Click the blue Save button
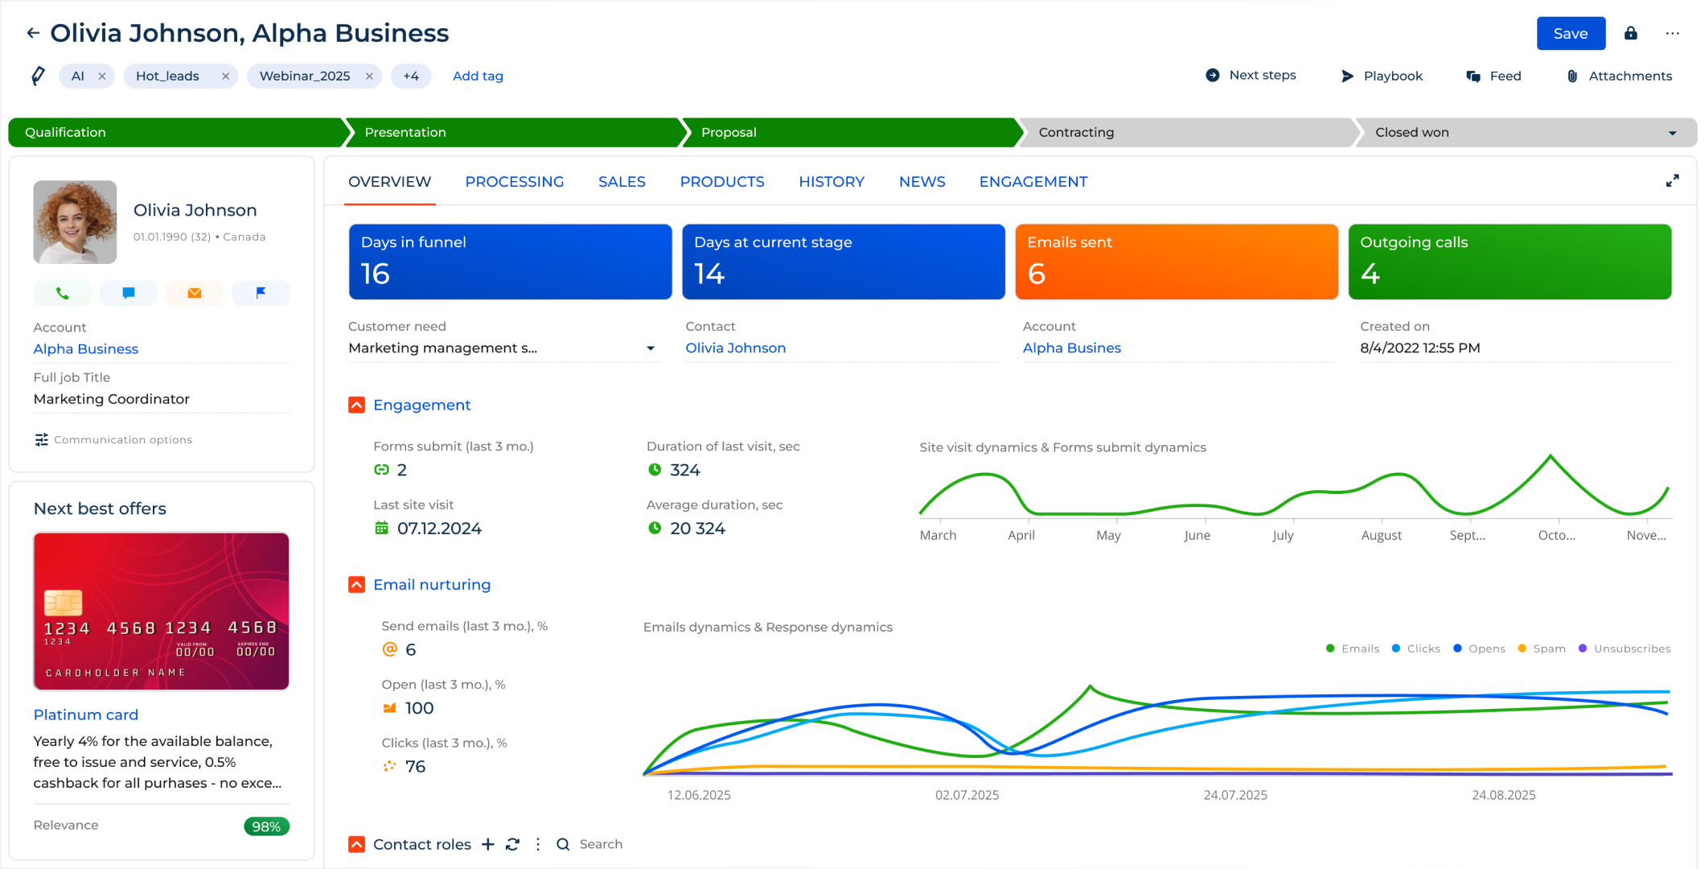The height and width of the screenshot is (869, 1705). [x=1570, y=34]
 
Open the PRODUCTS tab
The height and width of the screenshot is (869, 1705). [x=721, y=182]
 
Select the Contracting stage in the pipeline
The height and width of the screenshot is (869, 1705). [x=1075, y=133]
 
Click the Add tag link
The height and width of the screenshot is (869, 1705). [x=478, y=76]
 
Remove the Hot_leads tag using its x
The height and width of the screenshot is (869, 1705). [x=225, y=76]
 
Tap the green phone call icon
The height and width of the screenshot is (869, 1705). [x=63, y=294]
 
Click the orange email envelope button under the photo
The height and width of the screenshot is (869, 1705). [x=195, y=294]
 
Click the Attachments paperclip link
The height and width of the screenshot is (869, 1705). [x=1620, y=76]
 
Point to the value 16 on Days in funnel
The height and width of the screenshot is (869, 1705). [x=376, y=274]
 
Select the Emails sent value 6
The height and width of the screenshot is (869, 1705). [x=1037, y=274]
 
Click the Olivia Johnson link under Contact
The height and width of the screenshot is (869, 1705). [x=735, y=348]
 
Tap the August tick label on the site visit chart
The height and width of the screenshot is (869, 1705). [x=1381, y=536]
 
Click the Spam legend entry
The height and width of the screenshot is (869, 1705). [x=1542, y=649]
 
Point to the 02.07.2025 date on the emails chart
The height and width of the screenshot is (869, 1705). [x=967, y=795]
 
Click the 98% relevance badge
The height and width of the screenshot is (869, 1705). [x=266, y=826]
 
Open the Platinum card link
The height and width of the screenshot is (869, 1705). [x=86, y=715]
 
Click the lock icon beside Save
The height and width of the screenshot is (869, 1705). [x=1630, y=34]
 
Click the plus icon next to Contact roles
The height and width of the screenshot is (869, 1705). [x=488, y=844]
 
